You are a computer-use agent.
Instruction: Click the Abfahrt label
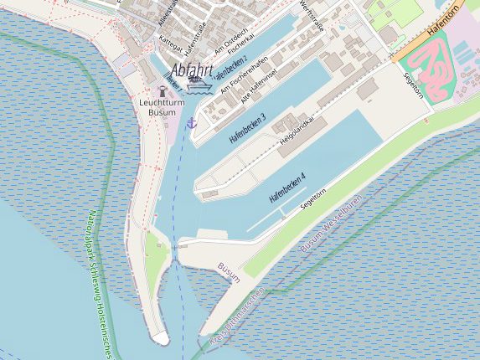point(191,70)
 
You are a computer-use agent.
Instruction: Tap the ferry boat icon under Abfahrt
point(199,85)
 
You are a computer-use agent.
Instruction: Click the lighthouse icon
point(163,90)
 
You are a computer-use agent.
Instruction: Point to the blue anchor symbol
point(191,123)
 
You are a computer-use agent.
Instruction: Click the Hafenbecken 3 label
point(247,126)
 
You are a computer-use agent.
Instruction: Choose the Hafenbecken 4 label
point(287,188)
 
